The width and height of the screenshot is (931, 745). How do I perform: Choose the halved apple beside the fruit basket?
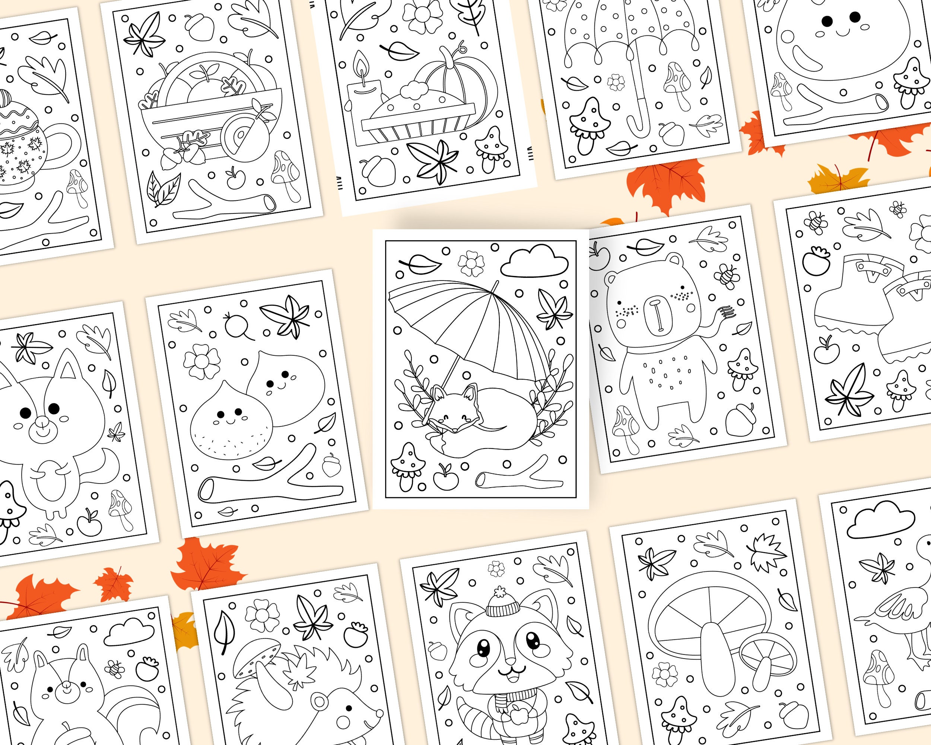[x=238, y=136]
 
